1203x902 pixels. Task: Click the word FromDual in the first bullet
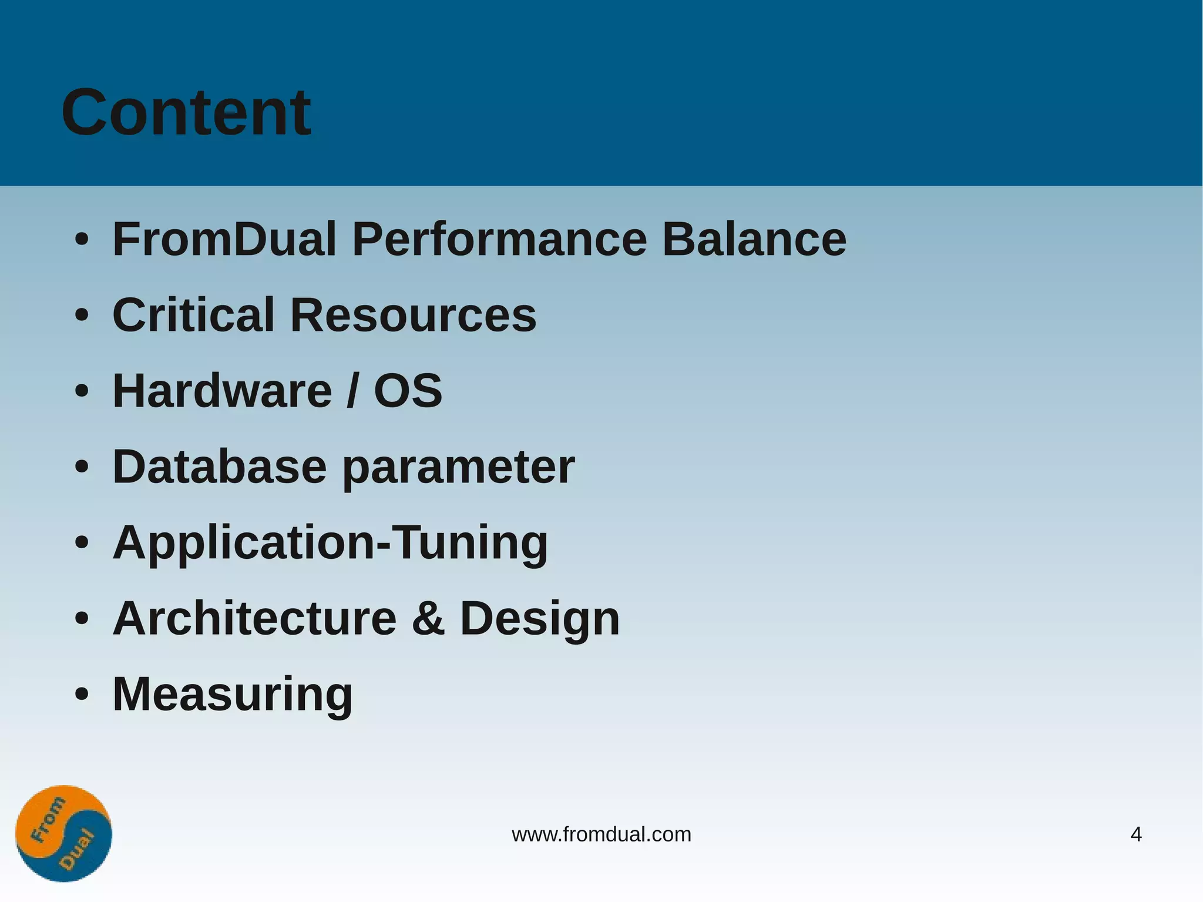[224, 239]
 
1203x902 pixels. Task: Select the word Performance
[499, 239]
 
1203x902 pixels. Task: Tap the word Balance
[754, 239]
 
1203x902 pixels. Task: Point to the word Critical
[193, 315]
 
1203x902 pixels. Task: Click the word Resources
[413, 315]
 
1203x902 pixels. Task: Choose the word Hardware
[222, 391]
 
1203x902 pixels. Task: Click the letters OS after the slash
[408, 391]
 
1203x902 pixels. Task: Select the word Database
[219, 467]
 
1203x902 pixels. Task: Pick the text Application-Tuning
[330, 543]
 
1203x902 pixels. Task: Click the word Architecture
[255, 618]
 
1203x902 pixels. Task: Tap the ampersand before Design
[428, 619]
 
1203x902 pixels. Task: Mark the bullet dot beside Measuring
[82, 695]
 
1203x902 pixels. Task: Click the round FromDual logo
[63, 833]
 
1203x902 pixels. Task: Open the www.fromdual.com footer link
[601, 834]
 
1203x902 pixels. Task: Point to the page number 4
[1135, 834]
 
